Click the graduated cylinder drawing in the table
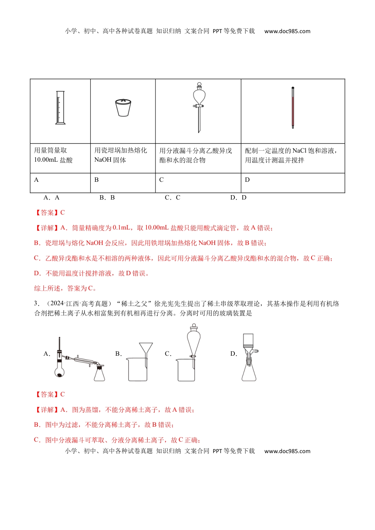(60, 108)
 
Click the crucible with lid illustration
(123, 108)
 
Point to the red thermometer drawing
(293, 108)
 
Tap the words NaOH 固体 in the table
(110, 160)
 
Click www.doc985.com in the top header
(287, 31)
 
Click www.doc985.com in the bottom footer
(287, 451)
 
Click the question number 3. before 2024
(37, 304)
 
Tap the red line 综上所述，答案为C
(65, 289)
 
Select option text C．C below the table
(172, 198)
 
